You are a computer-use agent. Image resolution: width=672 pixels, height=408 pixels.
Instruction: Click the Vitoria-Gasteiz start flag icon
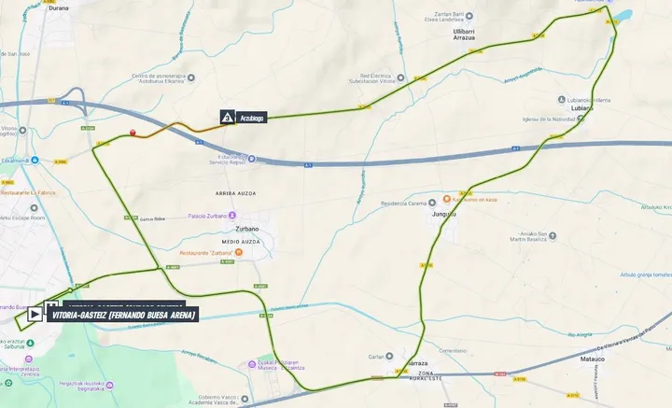coord(35,315)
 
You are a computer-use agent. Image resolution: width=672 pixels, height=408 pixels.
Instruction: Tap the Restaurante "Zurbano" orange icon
coord(239,252)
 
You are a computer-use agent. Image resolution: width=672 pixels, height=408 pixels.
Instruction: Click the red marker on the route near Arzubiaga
coord(133,133)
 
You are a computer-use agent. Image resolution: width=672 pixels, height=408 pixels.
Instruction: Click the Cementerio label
coord(452,349)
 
